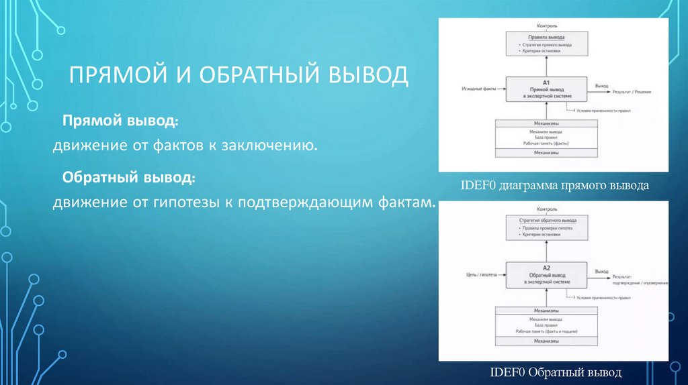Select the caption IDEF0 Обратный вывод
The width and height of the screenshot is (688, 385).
(x=556, y=372)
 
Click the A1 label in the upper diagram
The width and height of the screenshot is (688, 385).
(x=546, y=81)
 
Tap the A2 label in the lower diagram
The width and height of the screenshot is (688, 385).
(x=546, y=268)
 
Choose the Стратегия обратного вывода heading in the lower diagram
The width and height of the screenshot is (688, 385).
(x=547, y=220)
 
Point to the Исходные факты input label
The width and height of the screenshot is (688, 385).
(x=478, y=89)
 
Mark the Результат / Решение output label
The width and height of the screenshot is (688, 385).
(x=632, y=91)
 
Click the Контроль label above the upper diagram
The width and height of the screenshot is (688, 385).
(x=547, y=25)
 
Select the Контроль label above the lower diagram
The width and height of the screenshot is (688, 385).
(x=547, y=209)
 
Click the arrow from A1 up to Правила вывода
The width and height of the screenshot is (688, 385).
(x=546, y=66)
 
